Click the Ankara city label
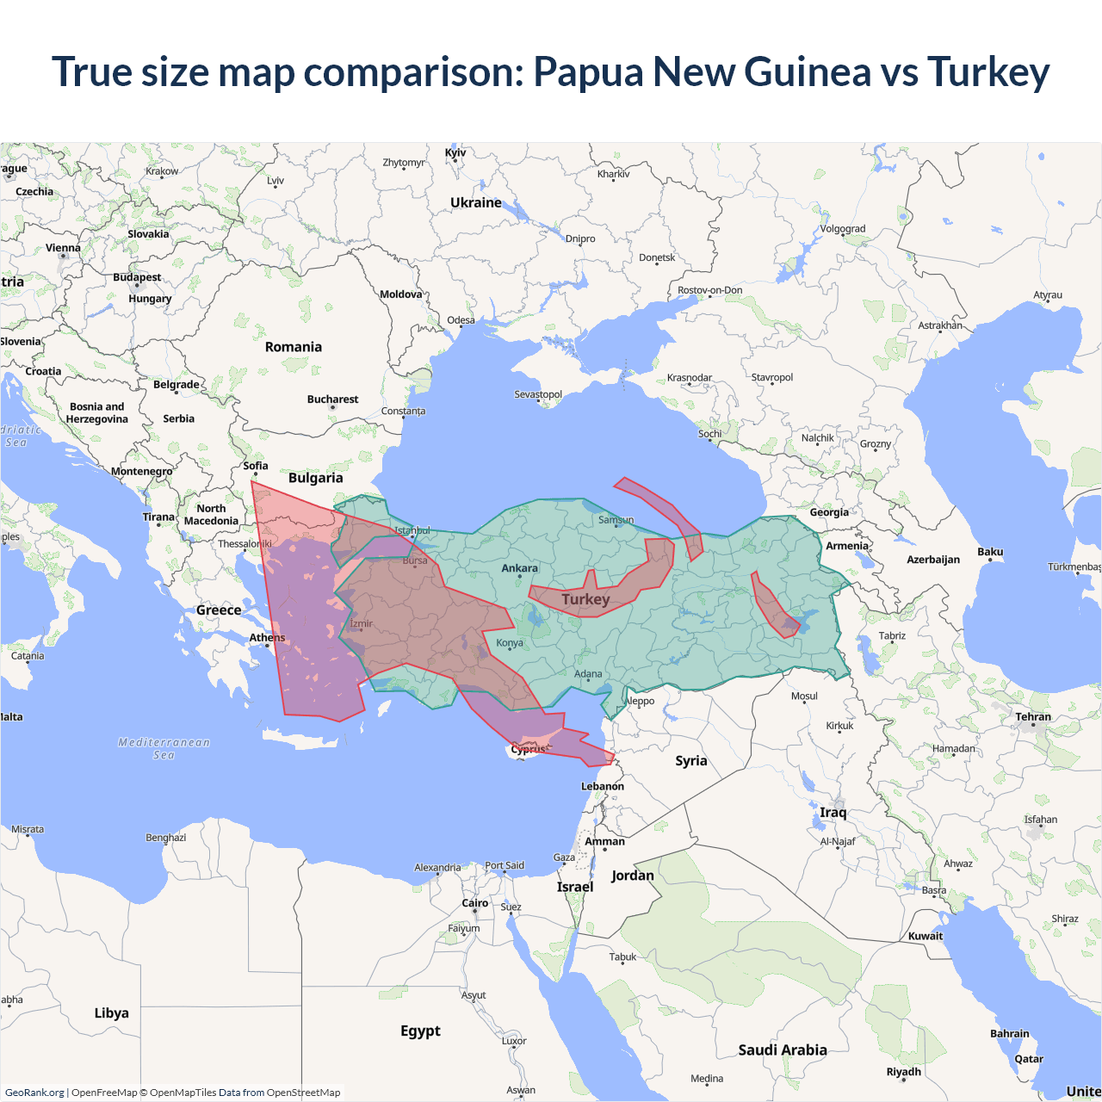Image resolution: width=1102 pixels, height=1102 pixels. tap(519, 568)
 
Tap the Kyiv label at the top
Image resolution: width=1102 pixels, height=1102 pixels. tap(455, 153)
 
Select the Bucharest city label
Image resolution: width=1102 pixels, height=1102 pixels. tap(332, 399)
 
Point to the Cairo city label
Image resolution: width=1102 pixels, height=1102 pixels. tap(475, 903)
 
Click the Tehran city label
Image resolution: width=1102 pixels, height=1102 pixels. tap(1033, 717)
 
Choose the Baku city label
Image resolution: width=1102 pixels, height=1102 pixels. tap(990, 552)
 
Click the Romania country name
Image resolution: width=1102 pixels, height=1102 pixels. tap(294, 347)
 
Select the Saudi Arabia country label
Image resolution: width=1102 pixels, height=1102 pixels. tap(783, 1049)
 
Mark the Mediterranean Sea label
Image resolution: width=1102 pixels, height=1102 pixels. tap(164, 748)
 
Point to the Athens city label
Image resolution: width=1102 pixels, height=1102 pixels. tap(267, 638)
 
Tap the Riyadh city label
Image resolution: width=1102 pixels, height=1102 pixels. tap(904, 1072)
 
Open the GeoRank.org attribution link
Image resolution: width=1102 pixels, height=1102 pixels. tap(34, 1093)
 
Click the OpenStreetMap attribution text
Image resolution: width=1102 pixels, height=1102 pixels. tap(303, 1093)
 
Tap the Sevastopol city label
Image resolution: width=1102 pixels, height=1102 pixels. tap(538, 394)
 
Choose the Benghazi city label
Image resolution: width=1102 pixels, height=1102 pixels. tap(165, 838)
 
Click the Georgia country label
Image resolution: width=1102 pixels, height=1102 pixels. tap(829, 512)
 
